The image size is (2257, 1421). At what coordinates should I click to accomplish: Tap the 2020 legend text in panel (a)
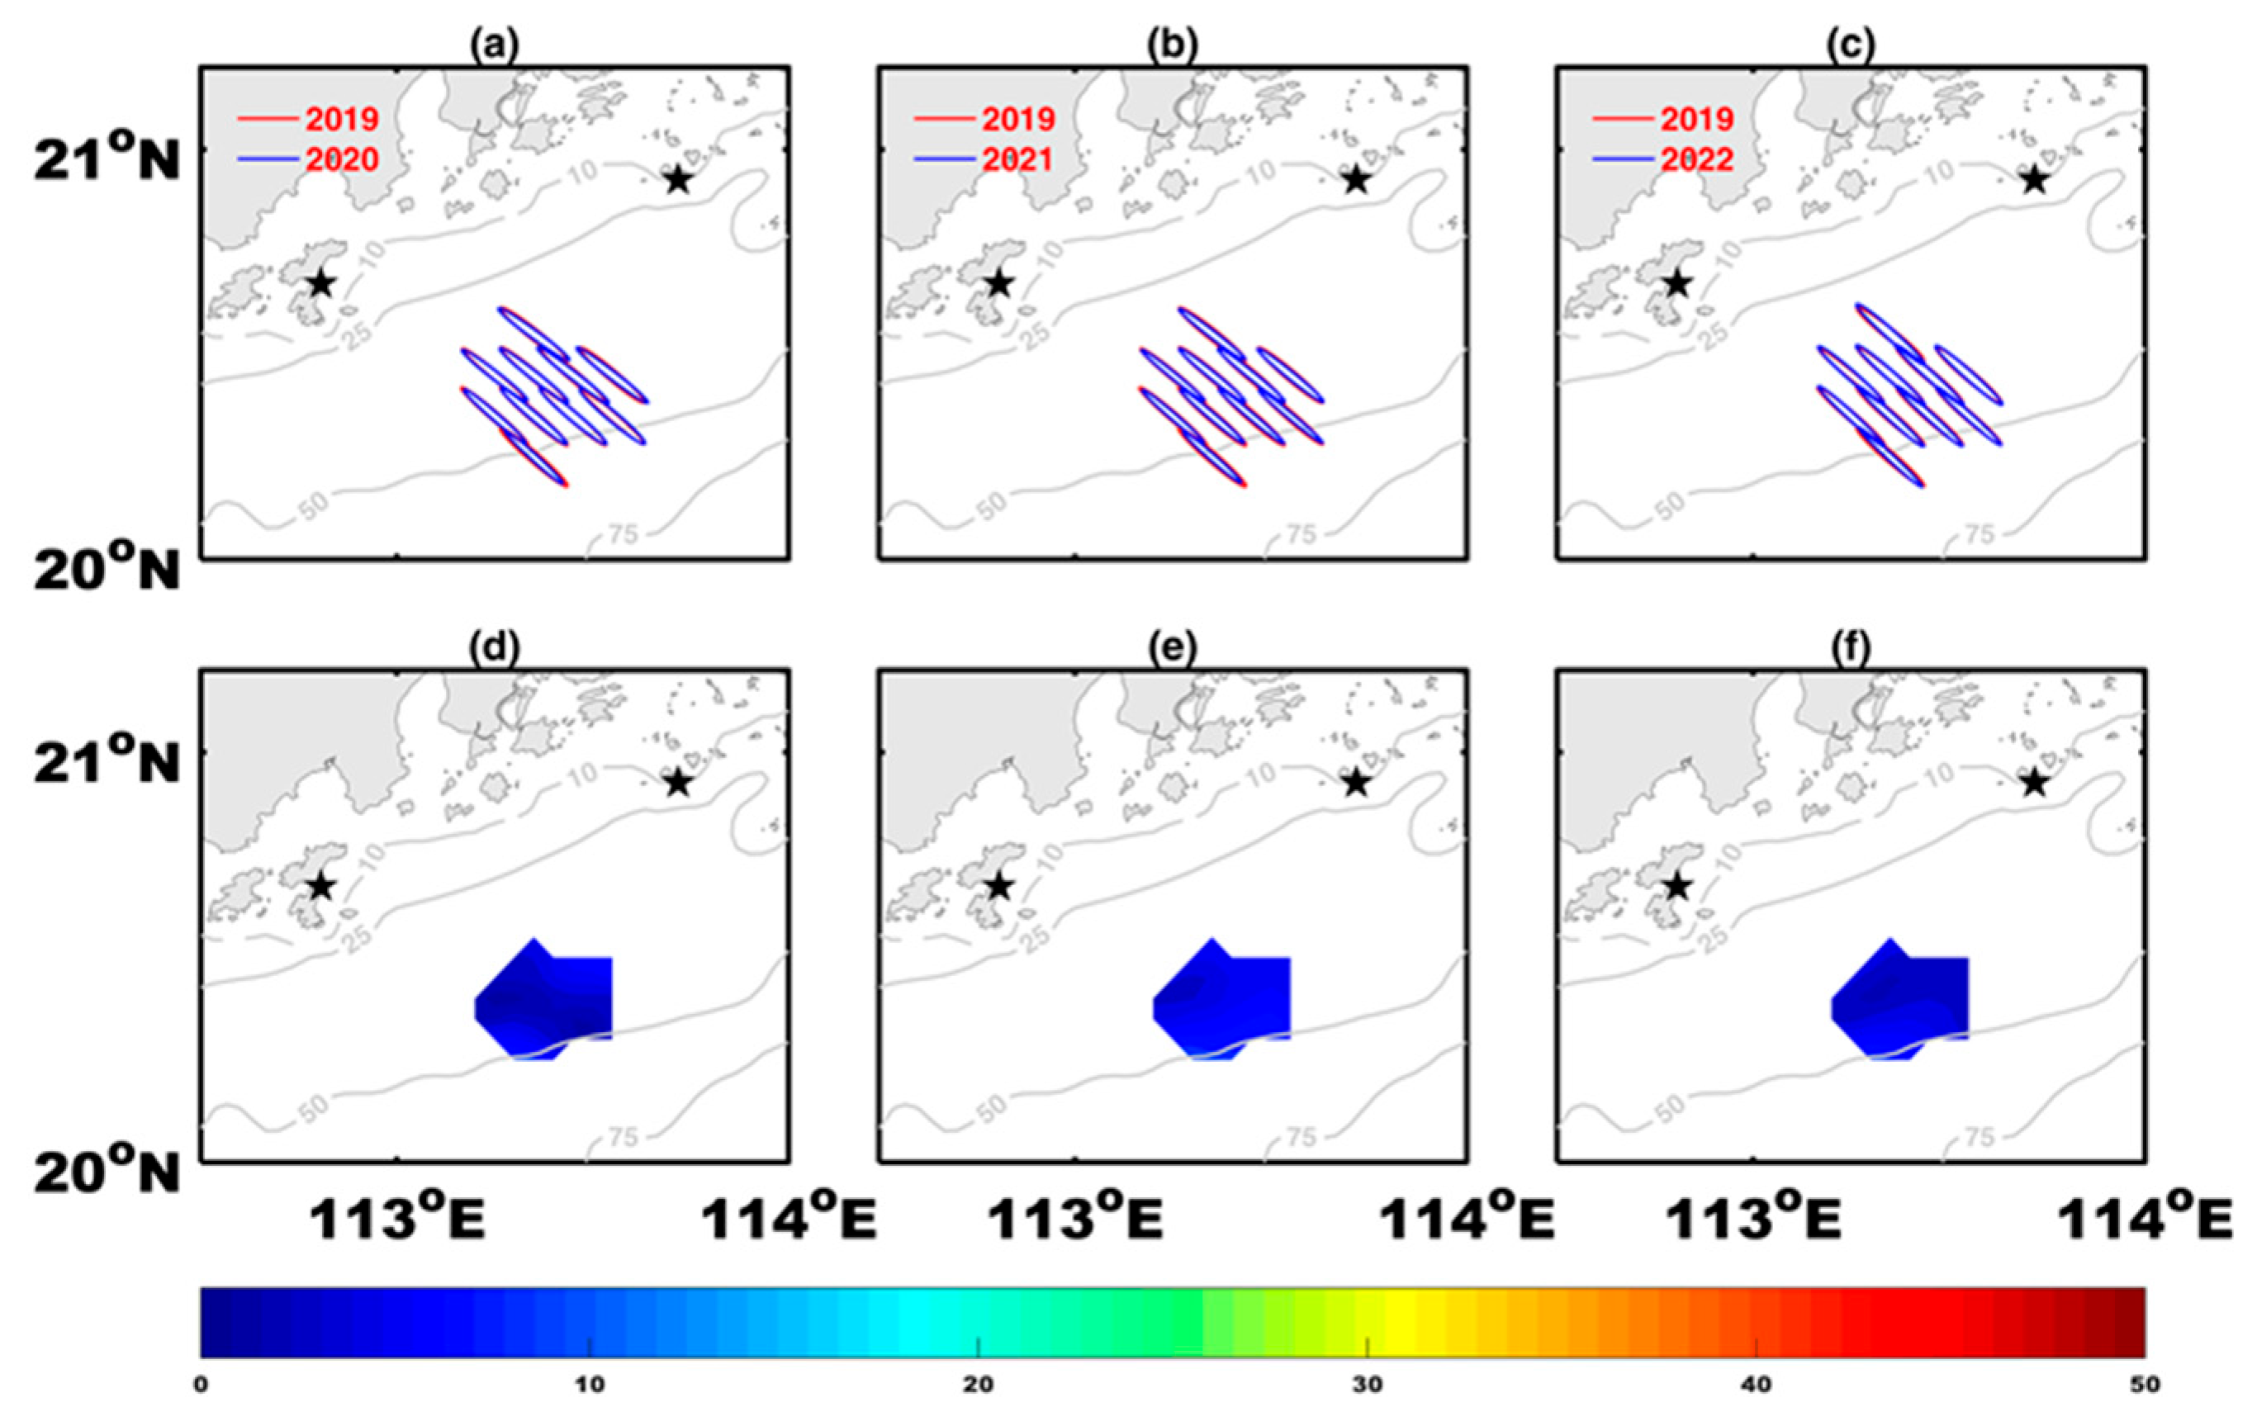[341, 159]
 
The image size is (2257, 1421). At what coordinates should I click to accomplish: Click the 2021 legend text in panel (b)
[1018, 159]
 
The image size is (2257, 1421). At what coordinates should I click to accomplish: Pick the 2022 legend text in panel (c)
[1696, 159]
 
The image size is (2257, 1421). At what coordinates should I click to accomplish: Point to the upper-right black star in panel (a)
[679, 180]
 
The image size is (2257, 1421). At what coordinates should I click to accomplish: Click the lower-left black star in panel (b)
[999, 283]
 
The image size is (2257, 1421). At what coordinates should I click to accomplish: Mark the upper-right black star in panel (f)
[2033, 783]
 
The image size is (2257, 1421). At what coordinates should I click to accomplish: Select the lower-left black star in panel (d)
[321, 886]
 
